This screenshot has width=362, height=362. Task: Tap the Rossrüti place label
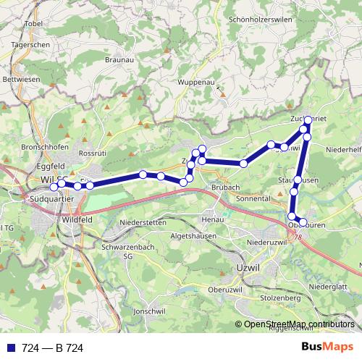[92, 153]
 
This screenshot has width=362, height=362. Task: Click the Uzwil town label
[248, 269]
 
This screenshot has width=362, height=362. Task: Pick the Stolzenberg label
[279, 298]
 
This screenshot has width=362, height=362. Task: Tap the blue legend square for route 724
[11, 348]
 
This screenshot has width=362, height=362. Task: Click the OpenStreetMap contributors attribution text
[299, 324]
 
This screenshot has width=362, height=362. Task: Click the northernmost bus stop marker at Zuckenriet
[308, 119]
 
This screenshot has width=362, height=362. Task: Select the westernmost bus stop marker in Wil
[54, 188]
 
